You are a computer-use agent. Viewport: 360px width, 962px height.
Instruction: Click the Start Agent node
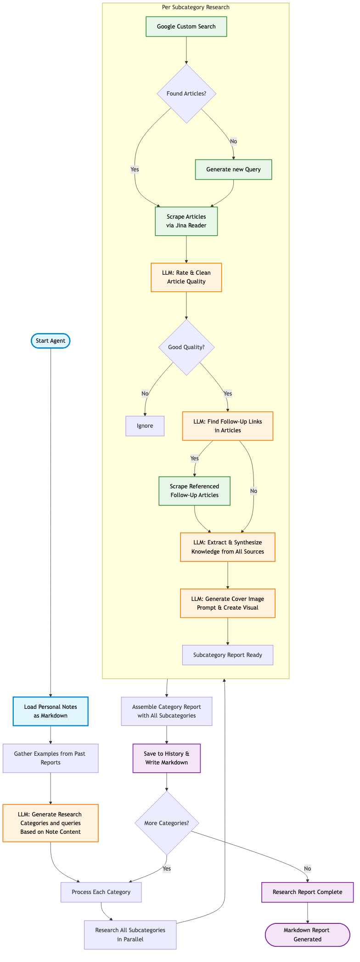coord(51,341)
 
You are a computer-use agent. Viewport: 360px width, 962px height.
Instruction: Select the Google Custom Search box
coord(186,27)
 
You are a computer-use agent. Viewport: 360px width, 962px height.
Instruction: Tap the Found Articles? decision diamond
coord(186,94)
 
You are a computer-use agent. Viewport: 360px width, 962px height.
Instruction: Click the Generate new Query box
coord(233,170)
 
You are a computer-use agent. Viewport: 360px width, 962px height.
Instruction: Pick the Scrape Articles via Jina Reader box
coord(186,221)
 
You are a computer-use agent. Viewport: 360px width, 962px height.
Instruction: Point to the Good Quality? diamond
coord(186,347)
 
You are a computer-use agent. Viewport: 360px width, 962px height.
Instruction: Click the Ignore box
coord(145,426)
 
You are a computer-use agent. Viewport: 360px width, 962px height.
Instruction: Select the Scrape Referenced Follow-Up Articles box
coord(194,491)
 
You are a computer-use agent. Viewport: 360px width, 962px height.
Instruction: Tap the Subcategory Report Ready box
coord(228,655)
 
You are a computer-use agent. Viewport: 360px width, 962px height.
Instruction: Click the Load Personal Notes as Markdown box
coord(51,711)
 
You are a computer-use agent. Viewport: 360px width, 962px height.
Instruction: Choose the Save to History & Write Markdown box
coord(166,758)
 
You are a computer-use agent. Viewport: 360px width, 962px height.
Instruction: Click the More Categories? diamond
coord(167,823)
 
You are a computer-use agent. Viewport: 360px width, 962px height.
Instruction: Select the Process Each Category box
coord(101,892)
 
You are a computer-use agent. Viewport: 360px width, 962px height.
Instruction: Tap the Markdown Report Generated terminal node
coord(307,934)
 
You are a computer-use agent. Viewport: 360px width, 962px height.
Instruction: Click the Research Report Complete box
coord(307,892)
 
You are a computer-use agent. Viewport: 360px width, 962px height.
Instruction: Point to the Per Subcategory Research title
coord(196,7)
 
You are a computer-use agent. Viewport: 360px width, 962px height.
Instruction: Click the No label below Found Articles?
coord(233,141)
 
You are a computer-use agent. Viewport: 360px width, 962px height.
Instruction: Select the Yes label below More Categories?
coord(166,869)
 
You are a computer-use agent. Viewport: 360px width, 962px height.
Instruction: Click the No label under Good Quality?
coord(145,394)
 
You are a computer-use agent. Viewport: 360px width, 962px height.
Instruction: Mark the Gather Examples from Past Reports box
coord(51,758)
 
